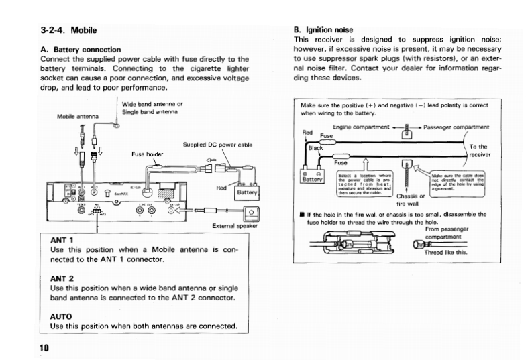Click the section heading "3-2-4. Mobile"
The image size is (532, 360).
68,30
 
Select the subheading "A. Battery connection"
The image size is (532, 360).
81,49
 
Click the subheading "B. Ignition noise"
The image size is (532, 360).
323,29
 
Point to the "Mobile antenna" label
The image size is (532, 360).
78,117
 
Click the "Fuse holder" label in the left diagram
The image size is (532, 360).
147,154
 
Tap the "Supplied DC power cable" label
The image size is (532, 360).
217,145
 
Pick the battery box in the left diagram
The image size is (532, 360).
248,192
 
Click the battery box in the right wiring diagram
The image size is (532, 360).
313,176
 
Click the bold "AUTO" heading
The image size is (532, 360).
61,316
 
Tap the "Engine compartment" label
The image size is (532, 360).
361,127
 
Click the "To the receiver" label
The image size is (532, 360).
478,150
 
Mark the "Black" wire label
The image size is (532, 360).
316,148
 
